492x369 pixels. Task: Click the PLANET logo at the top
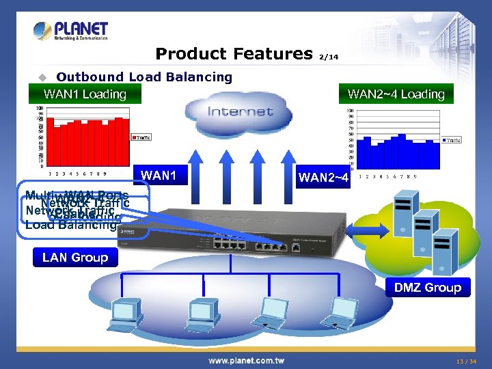(71, 31)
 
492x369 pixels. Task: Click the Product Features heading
(234, 53)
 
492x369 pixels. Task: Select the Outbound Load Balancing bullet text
(144, 77)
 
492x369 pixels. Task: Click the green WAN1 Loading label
(85, 94)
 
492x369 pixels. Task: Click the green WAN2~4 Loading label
(396, 94)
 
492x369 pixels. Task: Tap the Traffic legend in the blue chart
(452, 140)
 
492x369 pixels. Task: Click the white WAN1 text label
(159, 176)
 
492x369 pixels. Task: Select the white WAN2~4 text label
(323, 178)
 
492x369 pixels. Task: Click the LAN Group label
(75, 257)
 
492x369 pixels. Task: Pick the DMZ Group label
(427, 287)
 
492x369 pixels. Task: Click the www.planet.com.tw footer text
(247, 360)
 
